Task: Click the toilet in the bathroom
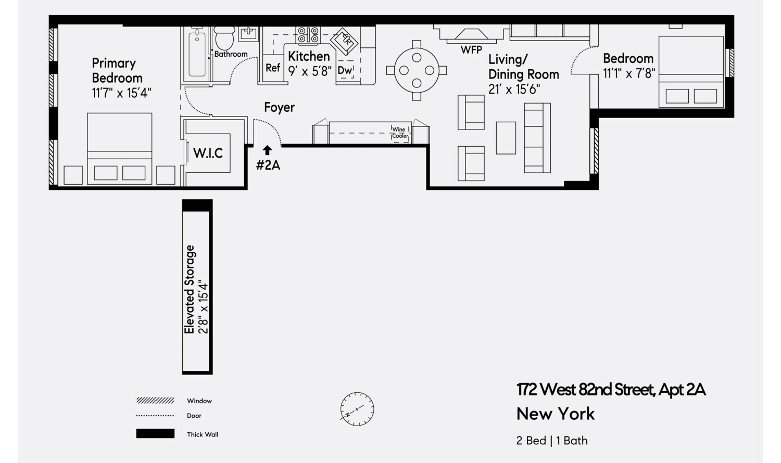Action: click(224, 38)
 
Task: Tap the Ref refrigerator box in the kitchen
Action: click(273, 68)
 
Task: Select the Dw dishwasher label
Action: click(345, 70)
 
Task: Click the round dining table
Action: click(417, 70)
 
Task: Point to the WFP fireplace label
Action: click(471, 50)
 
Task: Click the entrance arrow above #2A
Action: click(267, 150)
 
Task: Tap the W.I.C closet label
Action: click(208, 153)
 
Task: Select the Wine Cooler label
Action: click(400, 133)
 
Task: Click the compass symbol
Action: click(357, 409)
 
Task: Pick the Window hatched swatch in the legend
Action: click(155, 401)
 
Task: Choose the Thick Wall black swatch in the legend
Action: click(155, 434)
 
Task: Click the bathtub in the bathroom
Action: click(197, 55)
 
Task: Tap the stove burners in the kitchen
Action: click(308, 35)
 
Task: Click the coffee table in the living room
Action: click(506, 138)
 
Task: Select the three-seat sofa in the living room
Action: click(537, 138)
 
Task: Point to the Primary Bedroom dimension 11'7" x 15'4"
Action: click(121, 93)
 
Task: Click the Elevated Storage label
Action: click(190, 289)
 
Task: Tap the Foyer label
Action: click(279, 107)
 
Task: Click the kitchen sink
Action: click(345, 40)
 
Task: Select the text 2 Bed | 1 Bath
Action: click(552, 440)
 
